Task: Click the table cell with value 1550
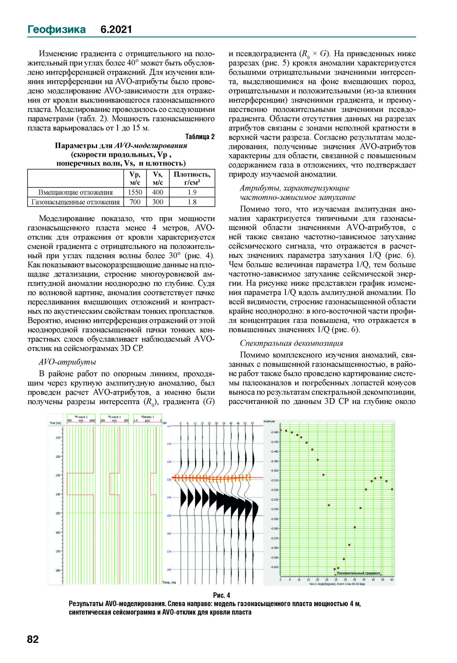135,192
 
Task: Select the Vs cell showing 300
158,202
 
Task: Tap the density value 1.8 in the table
192,202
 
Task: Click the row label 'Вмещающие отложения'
76,192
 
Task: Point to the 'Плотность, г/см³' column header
192,178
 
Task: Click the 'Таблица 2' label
200,137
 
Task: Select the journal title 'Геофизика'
56,29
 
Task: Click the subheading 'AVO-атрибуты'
67,362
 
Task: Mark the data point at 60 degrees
392,489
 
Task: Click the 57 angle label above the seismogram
252,423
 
